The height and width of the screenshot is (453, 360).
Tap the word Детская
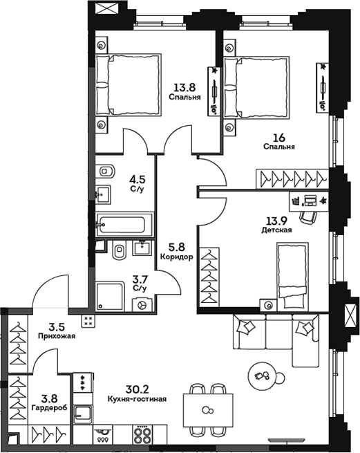(x=276, y=230)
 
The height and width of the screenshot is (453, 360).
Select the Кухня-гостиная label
(x=137, y=399)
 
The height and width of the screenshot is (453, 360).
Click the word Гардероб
(x=49, y=407)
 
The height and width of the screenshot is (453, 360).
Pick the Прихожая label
(x=57, y=336)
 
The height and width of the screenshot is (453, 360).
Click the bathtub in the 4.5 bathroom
(x=124, y=225)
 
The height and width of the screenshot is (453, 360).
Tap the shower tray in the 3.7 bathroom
(x=111, y=296)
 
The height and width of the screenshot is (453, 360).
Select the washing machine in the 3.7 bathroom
(x=142, y=305)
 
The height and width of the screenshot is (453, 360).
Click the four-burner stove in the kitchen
(x=142, y=435)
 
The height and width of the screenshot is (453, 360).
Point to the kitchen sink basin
(x=83, y=414)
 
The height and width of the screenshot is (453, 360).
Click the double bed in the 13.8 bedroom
(x=129, y=85)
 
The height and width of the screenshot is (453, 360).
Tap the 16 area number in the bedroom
(x=278, y=137)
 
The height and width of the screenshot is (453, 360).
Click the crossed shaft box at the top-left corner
(x=106, y=8)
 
